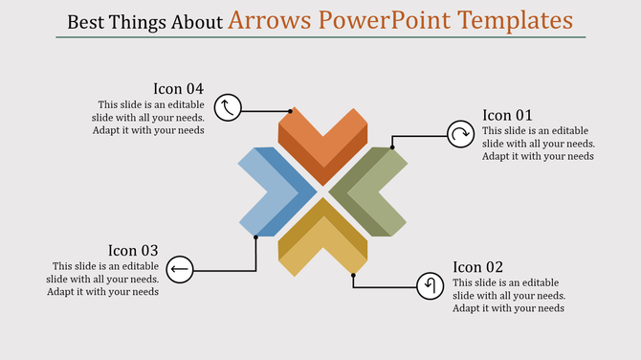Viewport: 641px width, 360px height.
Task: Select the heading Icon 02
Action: pos(478,267)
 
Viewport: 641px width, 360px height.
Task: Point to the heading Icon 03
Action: pos(133,251)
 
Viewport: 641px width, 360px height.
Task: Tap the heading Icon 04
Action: pos(179,89)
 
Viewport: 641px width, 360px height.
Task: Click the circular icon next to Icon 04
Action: pos(227,107)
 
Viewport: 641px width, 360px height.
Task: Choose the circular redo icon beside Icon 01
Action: pos(460,135)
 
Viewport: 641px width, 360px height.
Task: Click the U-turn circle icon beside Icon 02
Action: pos(431,285)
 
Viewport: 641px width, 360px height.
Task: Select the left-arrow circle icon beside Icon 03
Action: pos(179,270)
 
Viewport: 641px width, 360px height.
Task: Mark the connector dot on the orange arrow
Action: pos(292,111)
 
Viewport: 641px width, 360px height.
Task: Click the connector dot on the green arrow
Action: pos(392,148)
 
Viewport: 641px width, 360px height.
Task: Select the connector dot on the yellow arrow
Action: pos(353,275)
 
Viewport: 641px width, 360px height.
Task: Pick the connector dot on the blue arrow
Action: pos(256,236)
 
